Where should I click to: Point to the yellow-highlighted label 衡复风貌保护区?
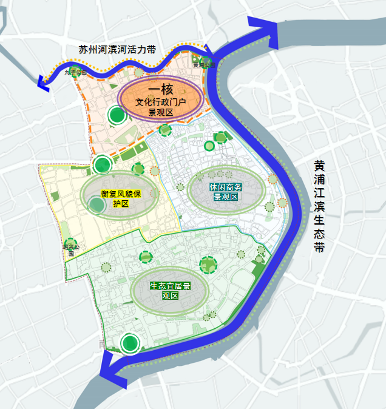pyautogui.click(x=121, y=198)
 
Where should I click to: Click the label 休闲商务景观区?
pyautogui.click(x=226, y=192)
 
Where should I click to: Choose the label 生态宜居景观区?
pyautogui.click(x=170, y=291)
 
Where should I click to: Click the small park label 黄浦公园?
pyautogui.click(x=203, y=64)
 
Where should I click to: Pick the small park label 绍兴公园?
pyautogui.click(x=70, y=249)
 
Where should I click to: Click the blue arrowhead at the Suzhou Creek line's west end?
pyautogui.click(x=43, y=83)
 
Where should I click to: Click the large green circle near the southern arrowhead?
pyautogui.click(x=129, y=343)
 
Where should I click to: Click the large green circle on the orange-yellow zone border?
pyautogui.click(x=102, y=164)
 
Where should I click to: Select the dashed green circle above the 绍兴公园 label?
pyautogui.click(x=70, y=243)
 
